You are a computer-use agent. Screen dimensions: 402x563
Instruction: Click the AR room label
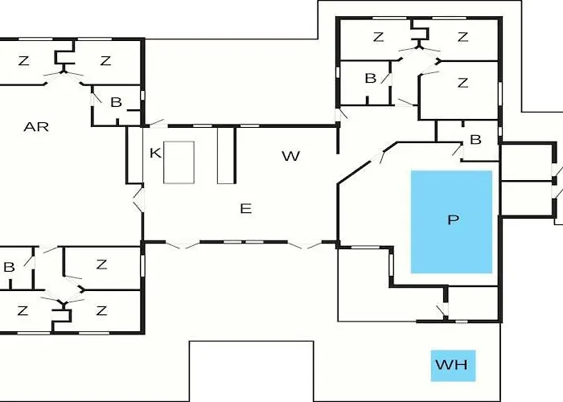(36, 126)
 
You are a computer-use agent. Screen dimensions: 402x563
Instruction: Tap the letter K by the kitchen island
(155, 153)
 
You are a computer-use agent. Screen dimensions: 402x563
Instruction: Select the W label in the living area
(290, 156)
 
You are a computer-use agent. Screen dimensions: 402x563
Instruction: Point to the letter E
(246, 208)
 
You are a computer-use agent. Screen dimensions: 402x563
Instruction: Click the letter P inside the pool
(452, 221)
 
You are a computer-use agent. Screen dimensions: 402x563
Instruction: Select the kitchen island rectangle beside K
(179, 162)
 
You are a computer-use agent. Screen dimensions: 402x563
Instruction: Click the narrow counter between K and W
(226, 154)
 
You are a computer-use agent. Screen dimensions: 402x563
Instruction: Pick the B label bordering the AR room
(116, 102)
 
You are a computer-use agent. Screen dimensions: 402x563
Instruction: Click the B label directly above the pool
(475, 140)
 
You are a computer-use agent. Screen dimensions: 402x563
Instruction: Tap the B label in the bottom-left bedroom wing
(9, 267)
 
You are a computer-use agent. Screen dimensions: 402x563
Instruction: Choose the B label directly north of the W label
(370, 78)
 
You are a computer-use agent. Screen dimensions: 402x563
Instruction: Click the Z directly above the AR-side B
(105, 61)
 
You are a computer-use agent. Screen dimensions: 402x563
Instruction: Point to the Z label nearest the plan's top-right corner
(462, 37)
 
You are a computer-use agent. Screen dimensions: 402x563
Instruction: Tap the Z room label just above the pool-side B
(462, 82)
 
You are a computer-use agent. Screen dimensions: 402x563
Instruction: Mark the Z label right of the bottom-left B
(101, 265)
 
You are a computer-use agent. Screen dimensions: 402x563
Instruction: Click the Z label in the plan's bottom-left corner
(23, 310)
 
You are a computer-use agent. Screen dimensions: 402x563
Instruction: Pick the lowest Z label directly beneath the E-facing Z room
(101, 310)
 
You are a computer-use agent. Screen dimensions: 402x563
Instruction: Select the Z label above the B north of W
(380, 37)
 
